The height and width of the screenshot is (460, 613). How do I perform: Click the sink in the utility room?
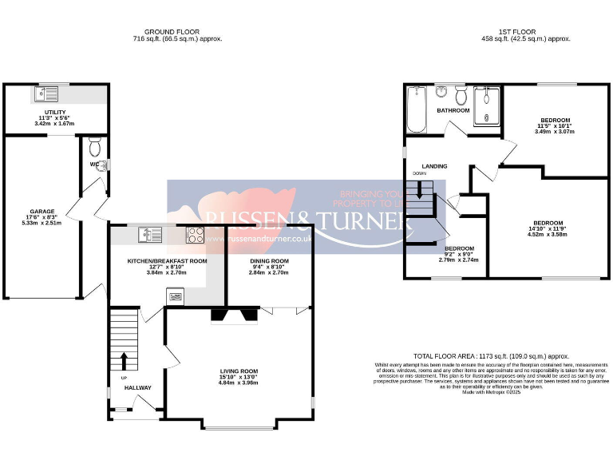coord(45,94)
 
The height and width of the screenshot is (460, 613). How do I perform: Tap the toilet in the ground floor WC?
coord(94,148)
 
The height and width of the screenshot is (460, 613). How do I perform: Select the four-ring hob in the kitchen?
coord(195,235)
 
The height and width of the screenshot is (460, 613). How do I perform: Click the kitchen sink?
coord(149,235)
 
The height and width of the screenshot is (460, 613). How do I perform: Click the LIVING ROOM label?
coord(239,371)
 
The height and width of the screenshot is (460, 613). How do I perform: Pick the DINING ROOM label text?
coord(267,261)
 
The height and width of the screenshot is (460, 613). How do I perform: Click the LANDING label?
coord(434,166)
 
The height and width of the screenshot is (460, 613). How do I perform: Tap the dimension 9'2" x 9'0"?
coord(458,254)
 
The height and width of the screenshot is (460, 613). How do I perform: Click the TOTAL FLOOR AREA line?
coord(479,356)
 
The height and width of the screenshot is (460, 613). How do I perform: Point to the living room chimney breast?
coord(235,315)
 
